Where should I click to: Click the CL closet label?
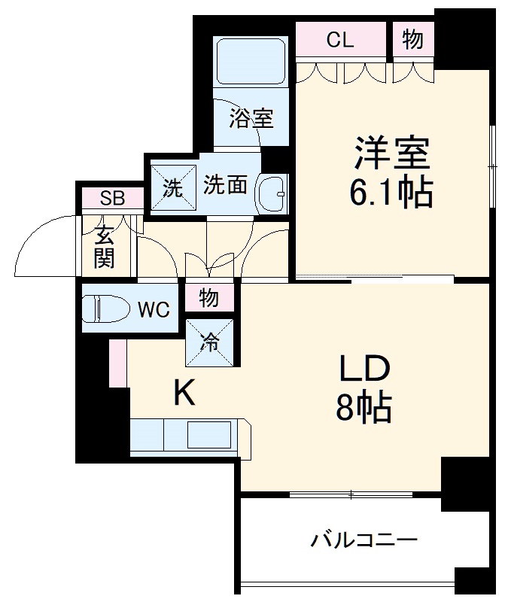click(340, 41)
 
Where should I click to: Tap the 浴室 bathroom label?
click(251, 118)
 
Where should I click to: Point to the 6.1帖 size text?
click(391, 193)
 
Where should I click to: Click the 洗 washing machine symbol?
click(173, 187)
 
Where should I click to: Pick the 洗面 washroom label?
click(225, 185)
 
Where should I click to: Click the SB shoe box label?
click(112, 199)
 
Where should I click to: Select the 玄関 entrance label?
click(104, 247)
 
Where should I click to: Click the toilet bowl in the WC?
click(101, 309)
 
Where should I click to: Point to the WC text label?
click(154, 309)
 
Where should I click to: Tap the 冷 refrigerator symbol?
click(210, 342)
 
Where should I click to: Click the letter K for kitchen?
click(184, 393)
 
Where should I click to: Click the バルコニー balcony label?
click(364, 540)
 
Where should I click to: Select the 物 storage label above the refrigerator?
click(209, 299)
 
